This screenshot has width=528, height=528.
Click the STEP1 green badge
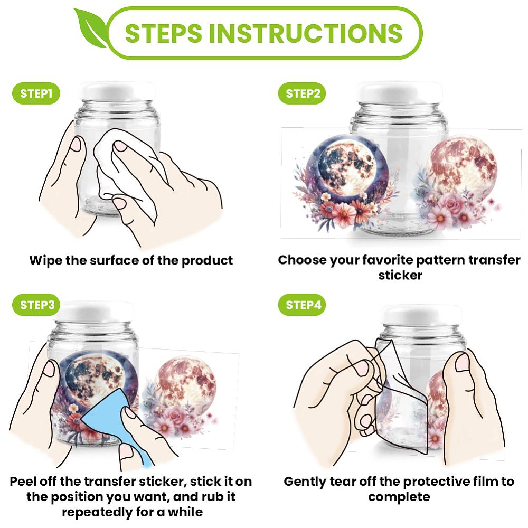pos(36,93)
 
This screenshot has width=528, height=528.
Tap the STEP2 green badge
pos(302,93)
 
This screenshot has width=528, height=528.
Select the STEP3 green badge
pos(36,305)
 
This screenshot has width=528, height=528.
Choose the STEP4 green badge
pos(302,305)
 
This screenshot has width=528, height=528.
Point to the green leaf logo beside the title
pos(90,29)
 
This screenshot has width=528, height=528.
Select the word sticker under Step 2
pos(400,276)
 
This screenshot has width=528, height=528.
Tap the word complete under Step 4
pos(399,497)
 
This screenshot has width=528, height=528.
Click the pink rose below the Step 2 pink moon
pos(451,203)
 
